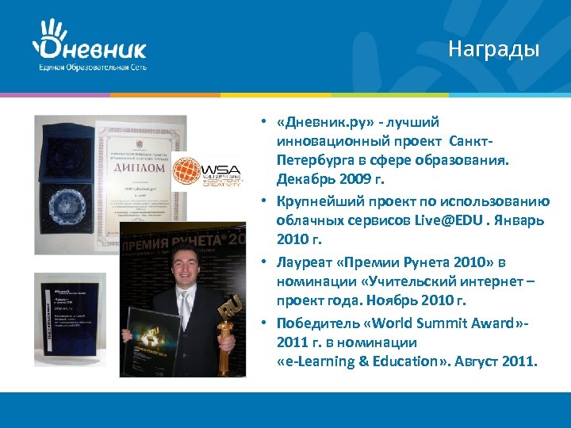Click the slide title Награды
coord(493,49)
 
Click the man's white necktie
coord(186,304)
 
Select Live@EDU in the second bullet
coord(450,220)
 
